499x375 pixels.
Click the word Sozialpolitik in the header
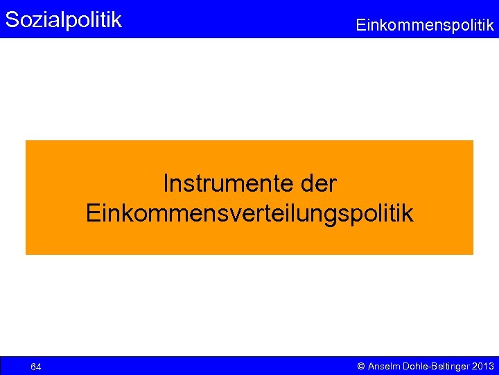click(x=63, y=19)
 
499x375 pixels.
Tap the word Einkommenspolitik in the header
click(x=425, y=26)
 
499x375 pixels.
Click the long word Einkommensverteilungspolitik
click(x=249, y=213)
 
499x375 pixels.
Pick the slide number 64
click(x=36, y=367)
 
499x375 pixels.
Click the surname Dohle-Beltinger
click(x=435, y=366)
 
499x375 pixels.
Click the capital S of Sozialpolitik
click(x=12, y=19)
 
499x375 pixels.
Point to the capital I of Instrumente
click(x=166, y=184)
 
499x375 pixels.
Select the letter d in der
click(x=308, y=184)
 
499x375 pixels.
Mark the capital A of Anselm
click(x=371, y=366)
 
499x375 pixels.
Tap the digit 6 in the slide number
click(x=33, y=367)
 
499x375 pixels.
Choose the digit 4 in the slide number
click(x=39, y=367)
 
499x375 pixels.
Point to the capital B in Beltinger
click(x=438, y=366)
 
